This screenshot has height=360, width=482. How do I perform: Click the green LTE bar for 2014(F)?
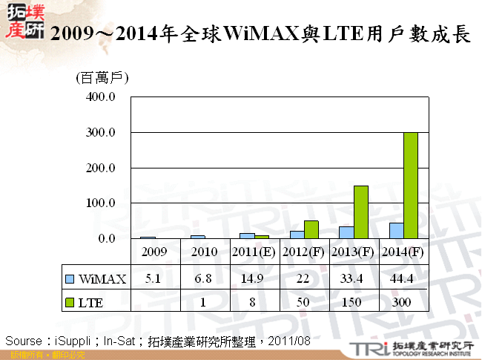(410, 186)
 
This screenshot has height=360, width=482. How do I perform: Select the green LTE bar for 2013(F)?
(361, 212)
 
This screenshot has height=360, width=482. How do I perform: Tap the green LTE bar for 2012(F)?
(311, 229)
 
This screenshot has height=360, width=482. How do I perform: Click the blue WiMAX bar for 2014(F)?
(396, 231)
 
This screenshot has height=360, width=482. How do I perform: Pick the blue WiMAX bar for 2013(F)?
(346, 232)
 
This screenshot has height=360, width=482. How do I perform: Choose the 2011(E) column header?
(254, 252)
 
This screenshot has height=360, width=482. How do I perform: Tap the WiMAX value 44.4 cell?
(403, 278)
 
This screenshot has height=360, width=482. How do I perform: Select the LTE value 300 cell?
(403, 301)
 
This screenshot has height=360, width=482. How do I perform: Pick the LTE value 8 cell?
(254, 301)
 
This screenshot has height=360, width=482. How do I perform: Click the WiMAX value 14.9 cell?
(254, 278)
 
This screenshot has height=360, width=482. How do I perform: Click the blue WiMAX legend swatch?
(70, 279)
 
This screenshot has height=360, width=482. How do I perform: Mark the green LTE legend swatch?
(70, 301)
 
